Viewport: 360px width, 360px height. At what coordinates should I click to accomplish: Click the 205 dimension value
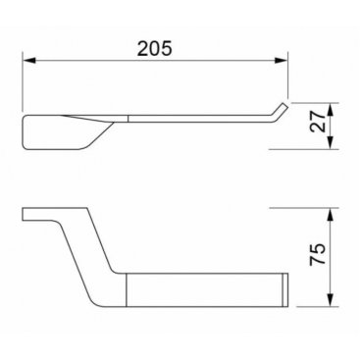pyautogui.click(x=154, y=48)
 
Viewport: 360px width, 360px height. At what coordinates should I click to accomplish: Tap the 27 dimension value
pyautogui.click(x=318, y=122)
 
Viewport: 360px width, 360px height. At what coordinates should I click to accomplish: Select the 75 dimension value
pyautogui.click(x=318, y=254)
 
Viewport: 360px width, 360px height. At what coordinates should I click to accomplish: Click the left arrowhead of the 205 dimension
pyautogui.click(x=28, y=61)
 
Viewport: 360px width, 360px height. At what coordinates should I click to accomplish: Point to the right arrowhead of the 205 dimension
pyautogui.click(x=282, y=61)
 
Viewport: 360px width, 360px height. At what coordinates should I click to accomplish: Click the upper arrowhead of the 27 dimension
pyautogui.click(x=331, y=109)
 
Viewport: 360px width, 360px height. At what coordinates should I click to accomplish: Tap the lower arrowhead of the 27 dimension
pyautogui.click(x=331, y=143)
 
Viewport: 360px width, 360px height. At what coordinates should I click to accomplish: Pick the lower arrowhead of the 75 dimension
pyautogui.click(x=331, y=300)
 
